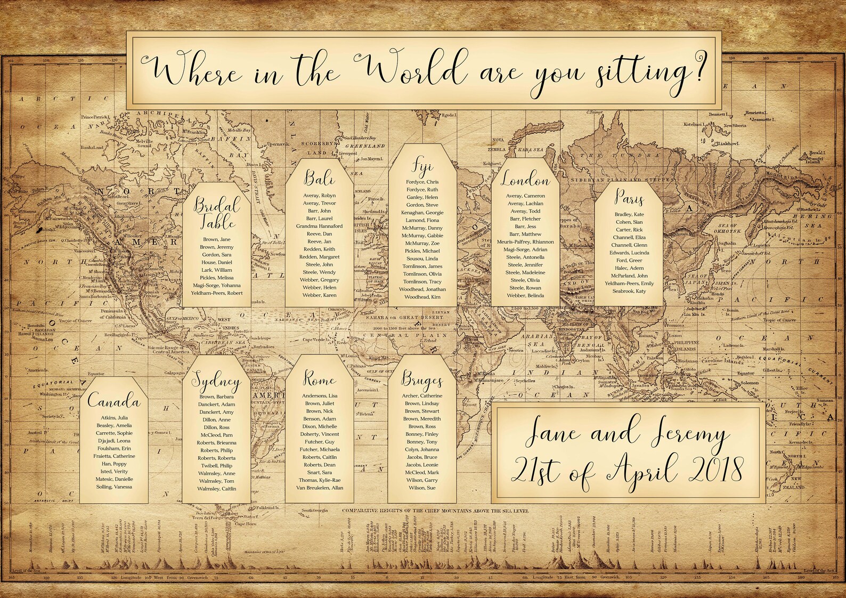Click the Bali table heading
coord(320,177)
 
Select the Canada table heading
coord(114,400)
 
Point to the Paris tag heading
coord(629,198)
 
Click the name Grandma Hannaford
coord(319,226)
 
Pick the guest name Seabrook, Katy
coord(629,291)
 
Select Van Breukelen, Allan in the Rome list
coord(320,488)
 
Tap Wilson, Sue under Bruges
coord(422,488)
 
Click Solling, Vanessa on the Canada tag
coord(114,487)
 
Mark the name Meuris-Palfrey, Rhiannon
coord(525,241)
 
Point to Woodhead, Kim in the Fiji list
coord(422,297)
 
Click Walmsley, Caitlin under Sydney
coord(216,489)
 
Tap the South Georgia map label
coord(313,511)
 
